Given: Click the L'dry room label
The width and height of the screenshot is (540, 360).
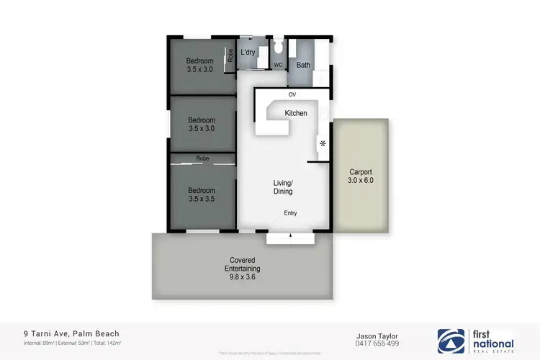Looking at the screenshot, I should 248,52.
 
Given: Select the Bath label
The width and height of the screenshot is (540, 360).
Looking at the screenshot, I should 303,65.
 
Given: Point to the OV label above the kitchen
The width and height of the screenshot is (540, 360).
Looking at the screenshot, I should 292,95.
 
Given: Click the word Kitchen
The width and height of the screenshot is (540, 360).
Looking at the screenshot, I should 296,113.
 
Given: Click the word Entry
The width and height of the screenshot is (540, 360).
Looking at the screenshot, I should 290,212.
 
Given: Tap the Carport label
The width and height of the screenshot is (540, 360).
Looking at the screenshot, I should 361,172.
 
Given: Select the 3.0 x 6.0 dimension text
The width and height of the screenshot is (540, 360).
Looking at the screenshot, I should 361,181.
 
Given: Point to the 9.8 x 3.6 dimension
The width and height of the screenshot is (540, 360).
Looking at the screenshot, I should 243,277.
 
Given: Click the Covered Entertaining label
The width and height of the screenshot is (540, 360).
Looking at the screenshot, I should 243,264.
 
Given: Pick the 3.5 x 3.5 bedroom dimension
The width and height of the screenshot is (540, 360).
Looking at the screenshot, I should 202,199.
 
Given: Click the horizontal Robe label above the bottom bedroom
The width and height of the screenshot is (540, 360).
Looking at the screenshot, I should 202,158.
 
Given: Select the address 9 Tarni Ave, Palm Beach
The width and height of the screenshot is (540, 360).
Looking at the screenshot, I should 70,333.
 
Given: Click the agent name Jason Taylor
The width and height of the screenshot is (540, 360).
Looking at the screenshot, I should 378,336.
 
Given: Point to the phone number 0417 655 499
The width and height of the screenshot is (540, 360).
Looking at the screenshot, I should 378,344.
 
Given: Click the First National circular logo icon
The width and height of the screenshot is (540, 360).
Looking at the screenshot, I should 451,340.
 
